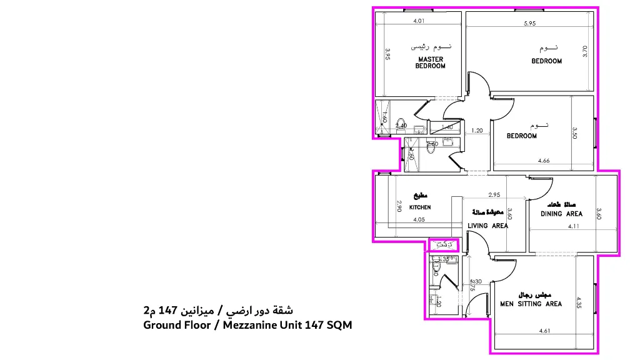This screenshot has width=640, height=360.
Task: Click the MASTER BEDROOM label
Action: pyautogui.click(x=431, y=62)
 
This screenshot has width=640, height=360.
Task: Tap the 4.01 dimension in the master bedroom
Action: pyautogui.click(x=419, y=21)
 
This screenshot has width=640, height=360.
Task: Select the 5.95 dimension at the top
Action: pyautogui.click(x=530, y=24)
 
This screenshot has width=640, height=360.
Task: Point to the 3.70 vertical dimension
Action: pyautogui.click(x=585, y=51)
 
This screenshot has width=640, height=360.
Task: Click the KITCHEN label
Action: pyautogui.click(x=420, y=207)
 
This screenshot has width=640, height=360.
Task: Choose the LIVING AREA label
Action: pyautogui.click(x=487, y=226)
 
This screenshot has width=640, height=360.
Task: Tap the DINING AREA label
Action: pyautogui.click(x=561, y=214)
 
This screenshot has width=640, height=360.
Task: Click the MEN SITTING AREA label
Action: pyautogui.click(x=531, y=304)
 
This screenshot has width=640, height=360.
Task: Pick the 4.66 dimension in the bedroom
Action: pyautogui.click(x=544, y=161)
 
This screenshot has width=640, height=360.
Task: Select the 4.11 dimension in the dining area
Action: pyautogui.click(x=574, y=226)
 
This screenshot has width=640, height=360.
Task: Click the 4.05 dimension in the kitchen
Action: pyautogui.click(x=419, y=219)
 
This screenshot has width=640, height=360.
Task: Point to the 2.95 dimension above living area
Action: pyautogui.click(x=494, y=194)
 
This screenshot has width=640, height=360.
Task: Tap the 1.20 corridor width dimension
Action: pyautogui.click(x=477, y=131)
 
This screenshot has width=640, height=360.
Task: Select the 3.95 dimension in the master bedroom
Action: pyautogui.click(x=388, y=57)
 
